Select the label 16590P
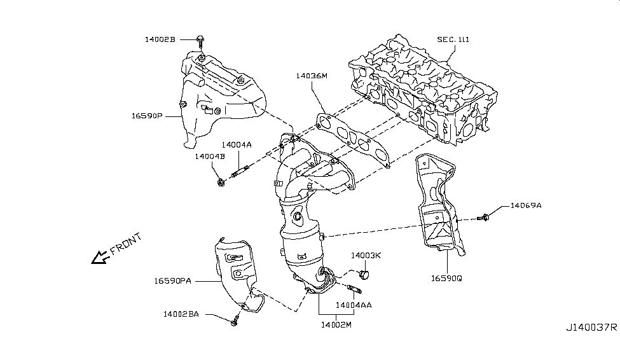pyautogui.click(x=148, y=117)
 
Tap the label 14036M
pyautogui.click(x=311, y=76)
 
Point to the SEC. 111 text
pyautogui.click(x=454, y=39)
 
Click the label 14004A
pyautogui.click(x=237, y=144)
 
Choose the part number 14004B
pyautogui.click(x=210, y=156)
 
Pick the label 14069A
pyautogui.click(x=526, y=205)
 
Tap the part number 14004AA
pyautogui.click(x=354, y=305)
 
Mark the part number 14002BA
pyautogui.click(x=181, y=313)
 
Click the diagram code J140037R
pyautogui.click(x=591, y=328)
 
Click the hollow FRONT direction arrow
pyautogui.click(x=99, y=257)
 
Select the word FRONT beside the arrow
pyautogui.click(x=126, y=244)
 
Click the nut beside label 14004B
pyautogui.click(x=220, y=183)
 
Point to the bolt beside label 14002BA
pyautogui.click(x=234, y=321)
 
